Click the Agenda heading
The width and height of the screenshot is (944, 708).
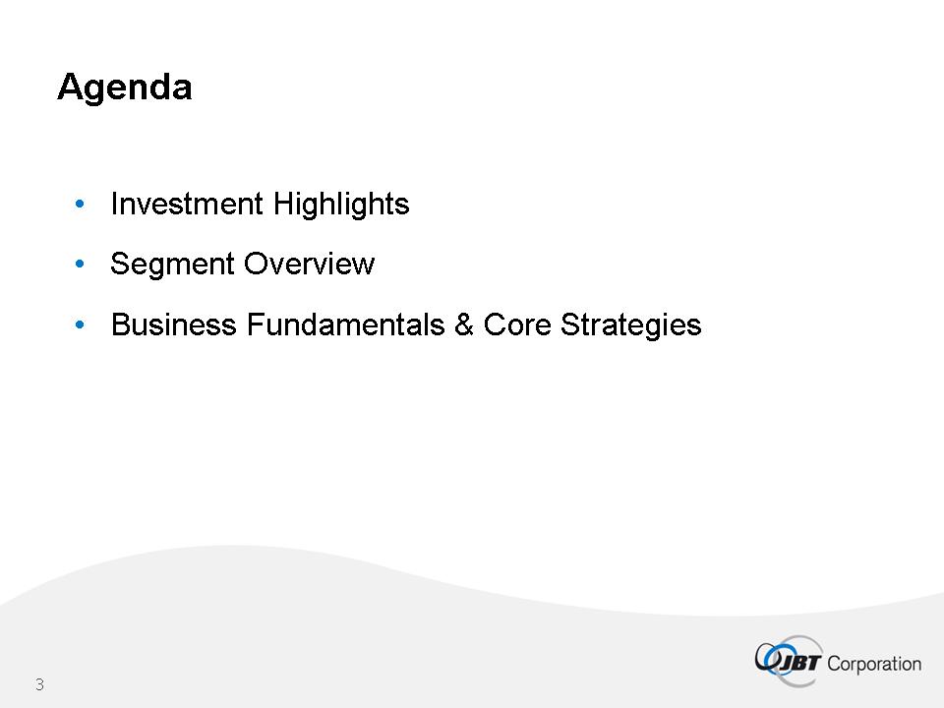pyautogui.click(x=125, y=88)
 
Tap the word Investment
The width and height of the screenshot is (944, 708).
pyautogui.click(x=187, y=204)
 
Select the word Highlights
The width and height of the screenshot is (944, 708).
pyautogui.click(x=341, y=205)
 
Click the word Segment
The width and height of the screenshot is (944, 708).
pyautogui.click(x=172, y=265)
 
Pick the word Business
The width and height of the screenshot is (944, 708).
pyautogui.click(x=174, y=324)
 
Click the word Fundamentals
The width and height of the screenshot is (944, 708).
pyautogui.click(x=345, y=324)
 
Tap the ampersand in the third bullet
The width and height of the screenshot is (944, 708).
pyautogui.click(x=464, y=324)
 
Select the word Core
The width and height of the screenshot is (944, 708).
pyautogui.click(x=517, y=324)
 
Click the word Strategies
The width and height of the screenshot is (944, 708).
pyautogui.click(x=631, y=325)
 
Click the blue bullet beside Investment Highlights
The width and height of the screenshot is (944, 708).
pyautogui.click(x=80, y=205)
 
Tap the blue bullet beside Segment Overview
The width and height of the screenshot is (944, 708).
pyautogui.click(x=80, y=264)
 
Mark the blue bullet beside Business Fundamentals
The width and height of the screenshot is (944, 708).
pyautogui.click(x=80, y=325)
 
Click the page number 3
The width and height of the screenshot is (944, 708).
pyautogui.click(x=39, y=684)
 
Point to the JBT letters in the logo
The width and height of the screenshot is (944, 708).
pyautogui.click(x=800, y=663)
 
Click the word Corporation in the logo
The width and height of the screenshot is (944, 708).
pyautogui.click(x=874, y=664)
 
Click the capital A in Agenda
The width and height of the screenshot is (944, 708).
pyautogui.click(x=72, y=87)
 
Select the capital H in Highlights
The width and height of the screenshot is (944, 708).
pyautogui.click(x=283, y=204)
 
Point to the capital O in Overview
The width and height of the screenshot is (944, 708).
pyautogui.click(x=257, y=264)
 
